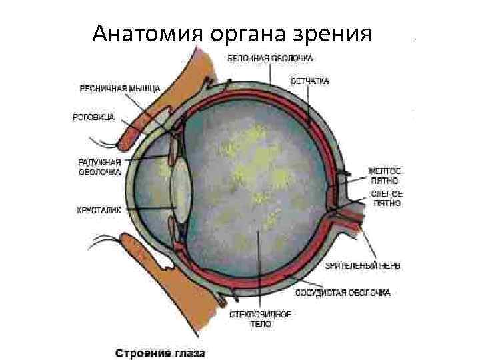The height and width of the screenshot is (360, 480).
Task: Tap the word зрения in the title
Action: point(331,33)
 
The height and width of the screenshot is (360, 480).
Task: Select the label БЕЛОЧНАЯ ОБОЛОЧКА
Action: point(262,59)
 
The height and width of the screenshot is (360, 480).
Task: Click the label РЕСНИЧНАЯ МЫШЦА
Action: point(110,88)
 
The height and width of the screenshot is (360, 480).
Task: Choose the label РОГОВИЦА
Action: point(93,117)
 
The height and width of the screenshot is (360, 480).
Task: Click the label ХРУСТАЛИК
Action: point(99,209)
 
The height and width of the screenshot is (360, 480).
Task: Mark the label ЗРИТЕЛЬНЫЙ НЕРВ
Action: point(363,265)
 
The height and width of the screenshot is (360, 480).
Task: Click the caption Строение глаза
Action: point(161,353)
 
